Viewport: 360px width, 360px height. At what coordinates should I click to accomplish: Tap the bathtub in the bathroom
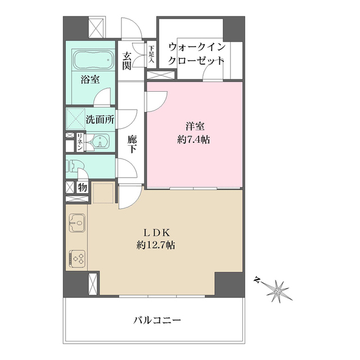point(93,59)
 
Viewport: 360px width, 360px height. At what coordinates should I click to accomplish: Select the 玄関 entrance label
point(128,61)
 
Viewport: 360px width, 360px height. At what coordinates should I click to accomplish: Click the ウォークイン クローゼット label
point(196,54)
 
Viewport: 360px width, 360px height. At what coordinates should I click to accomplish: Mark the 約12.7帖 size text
point(155,245)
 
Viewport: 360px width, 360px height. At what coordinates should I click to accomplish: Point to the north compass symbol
point(278,290)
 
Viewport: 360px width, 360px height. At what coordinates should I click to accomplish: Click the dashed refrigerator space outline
point(102,193)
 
